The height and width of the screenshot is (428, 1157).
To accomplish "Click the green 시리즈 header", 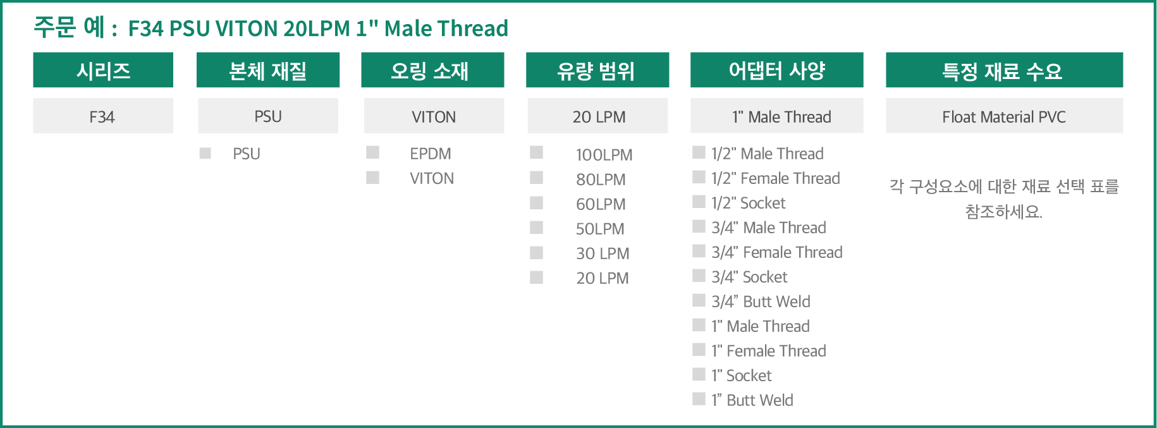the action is [103, 70].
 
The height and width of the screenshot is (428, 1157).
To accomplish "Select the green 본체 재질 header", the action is [268, 70].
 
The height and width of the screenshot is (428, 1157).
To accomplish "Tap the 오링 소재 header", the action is [432, 70].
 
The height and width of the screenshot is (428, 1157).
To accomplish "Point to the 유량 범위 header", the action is [597, 70].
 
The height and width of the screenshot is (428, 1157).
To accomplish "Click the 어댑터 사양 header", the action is [776, 70].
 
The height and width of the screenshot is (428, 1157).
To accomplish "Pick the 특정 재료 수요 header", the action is [1004, 70].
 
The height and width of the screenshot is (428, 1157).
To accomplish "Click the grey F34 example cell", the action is [103, 116].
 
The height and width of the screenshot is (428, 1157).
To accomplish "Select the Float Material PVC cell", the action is [1004, 116].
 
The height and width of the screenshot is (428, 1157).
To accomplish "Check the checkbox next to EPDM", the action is [373, 152].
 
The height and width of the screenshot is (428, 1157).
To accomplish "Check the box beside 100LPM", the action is [537, 152].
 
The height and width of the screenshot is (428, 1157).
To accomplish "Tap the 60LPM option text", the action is [601, 204].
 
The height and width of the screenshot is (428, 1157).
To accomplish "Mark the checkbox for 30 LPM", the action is [537, 253].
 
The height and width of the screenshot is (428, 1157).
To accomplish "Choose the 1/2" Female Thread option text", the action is [776, 178].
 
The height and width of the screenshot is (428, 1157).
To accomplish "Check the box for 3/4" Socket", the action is [699, 276].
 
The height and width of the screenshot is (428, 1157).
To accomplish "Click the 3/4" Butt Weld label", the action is [761, 302].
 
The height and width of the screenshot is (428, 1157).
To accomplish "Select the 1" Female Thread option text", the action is [769, 351].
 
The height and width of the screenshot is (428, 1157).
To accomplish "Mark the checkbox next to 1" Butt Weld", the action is [699, 399].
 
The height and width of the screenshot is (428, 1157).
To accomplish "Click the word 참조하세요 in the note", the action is [1003, 212].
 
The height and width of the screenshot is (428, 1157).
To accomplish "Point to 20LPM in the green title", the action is [317, 28].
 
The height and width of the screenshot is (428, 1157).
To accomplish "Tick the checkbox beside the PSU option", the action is [205, 153].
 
